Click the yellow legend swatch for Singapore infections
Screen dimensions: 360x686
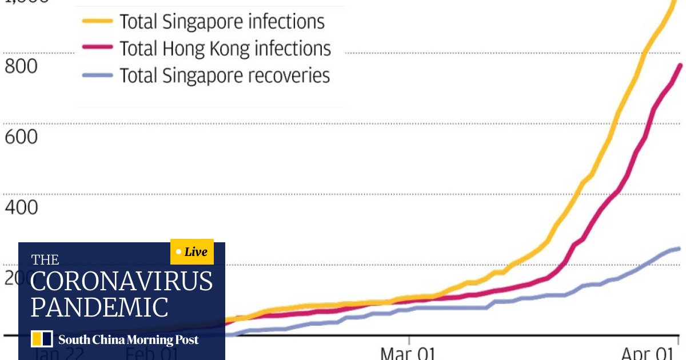click(97, 22)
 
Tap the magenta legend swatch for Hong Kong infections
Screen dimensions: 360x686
click(97, 49)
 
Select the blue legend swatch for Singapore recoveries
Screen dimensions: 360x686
click(97, 75)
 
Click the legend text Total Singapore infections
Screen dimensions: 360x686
click(222, 22)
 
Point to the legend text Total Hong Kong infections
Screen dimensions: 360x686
click(225, 49)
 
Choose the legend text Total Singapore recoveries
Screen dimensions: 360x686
click(224, 75)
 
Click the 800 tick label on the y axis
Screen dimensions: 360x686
click(21, 66)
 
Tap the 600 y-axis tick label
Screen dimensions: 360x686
click(21, 137)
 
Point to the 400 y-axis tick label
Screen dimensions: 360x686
click(21, 207)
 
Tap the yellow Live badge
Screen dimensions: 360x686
click(192, 252)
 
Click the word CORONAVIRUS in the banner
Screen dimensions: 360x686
click(121, 282)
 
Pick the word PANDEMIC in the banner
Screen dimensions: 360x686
click(99, 307)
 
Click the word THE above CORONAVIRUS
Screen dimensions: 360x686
click(45, 261)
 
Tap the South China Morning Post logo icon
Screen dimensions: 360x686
click(42, 339)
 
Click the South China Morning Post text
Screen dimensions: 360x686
click(128, 340)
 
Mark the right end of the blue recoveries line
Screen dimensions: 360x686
click(679, 249)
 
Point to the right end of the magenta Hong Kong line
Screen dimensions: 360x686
click(680, 65)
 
